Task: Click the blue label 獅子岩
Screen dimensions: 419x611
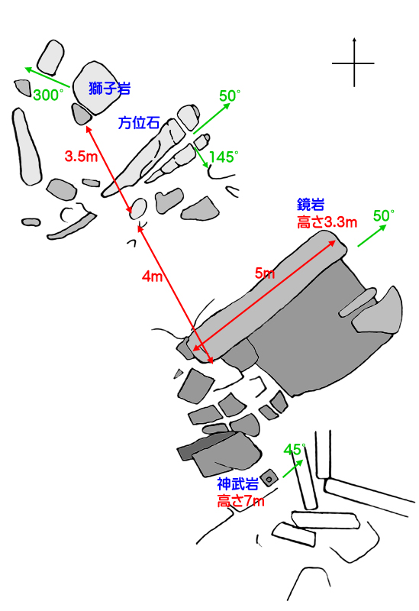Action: (x=109, y=89)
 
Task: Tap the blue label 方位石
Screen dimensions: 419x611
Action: (x=139, y=123)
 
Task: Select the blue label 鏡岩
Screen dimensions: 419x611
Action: (x=311, y=205)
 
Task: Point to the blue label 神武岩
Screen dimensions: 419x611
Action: (x=238, y=484)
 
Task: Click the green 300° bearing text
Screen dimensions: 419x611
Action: (x=48, y=95)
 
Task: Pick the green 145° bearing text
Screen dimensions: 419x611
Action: (x=224, y=157)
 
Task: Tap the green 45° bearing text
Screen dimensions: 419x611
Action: (x=294, y=450)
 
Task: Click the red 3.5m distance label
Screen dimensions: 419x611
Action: (x=81, y=157)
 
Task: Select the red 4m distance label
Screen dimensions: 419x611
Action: (x=152, y=276)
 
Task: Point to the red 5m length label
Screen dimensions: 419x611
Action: (x=265, y=273)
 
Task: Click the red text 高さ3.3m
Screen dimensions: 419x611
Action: (x=327, y=222)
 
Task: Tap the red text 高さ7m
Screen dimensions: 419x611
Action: (x=240, y=501)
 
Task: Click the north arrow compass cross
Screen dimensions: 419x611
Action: (x=354, y=63)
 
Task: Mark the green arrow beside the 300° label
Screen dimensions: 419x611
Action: (x=47, y=77)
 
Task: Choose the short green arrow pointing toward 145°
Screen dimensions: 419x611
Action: (x=201, y=157)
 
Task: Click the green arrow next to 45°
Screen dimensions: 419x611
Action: (x=292, y=468)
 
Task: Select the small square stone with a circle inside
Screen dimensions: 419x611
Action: (x=269, y=478)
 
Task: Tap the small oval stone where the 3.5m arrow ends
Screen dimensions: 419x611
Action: (x=138, y=209)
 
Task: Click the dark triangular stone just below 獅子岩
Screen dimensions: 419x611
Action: (x=82, y=114)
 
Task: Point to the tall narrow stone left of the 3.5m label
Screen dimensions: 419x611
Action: (x=27, y=147)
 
